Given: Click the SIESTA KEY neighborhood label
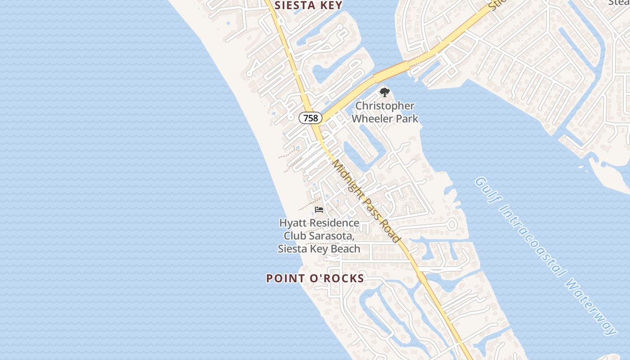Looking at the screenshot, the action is [308, 5].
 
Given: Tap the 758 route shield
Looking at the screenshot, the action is [310, 118].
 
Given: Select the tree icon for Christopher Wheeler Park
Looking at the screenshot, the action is [384, 93].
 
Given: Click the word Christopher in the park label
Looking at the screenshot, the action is [385, 106].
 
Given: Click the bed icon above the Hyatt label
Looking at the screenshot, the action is [319, 210].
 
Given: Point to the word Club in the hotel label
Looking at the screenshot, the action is [295, 236].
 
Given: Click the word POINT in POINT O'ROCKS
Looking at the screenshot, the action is [283, 279].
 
